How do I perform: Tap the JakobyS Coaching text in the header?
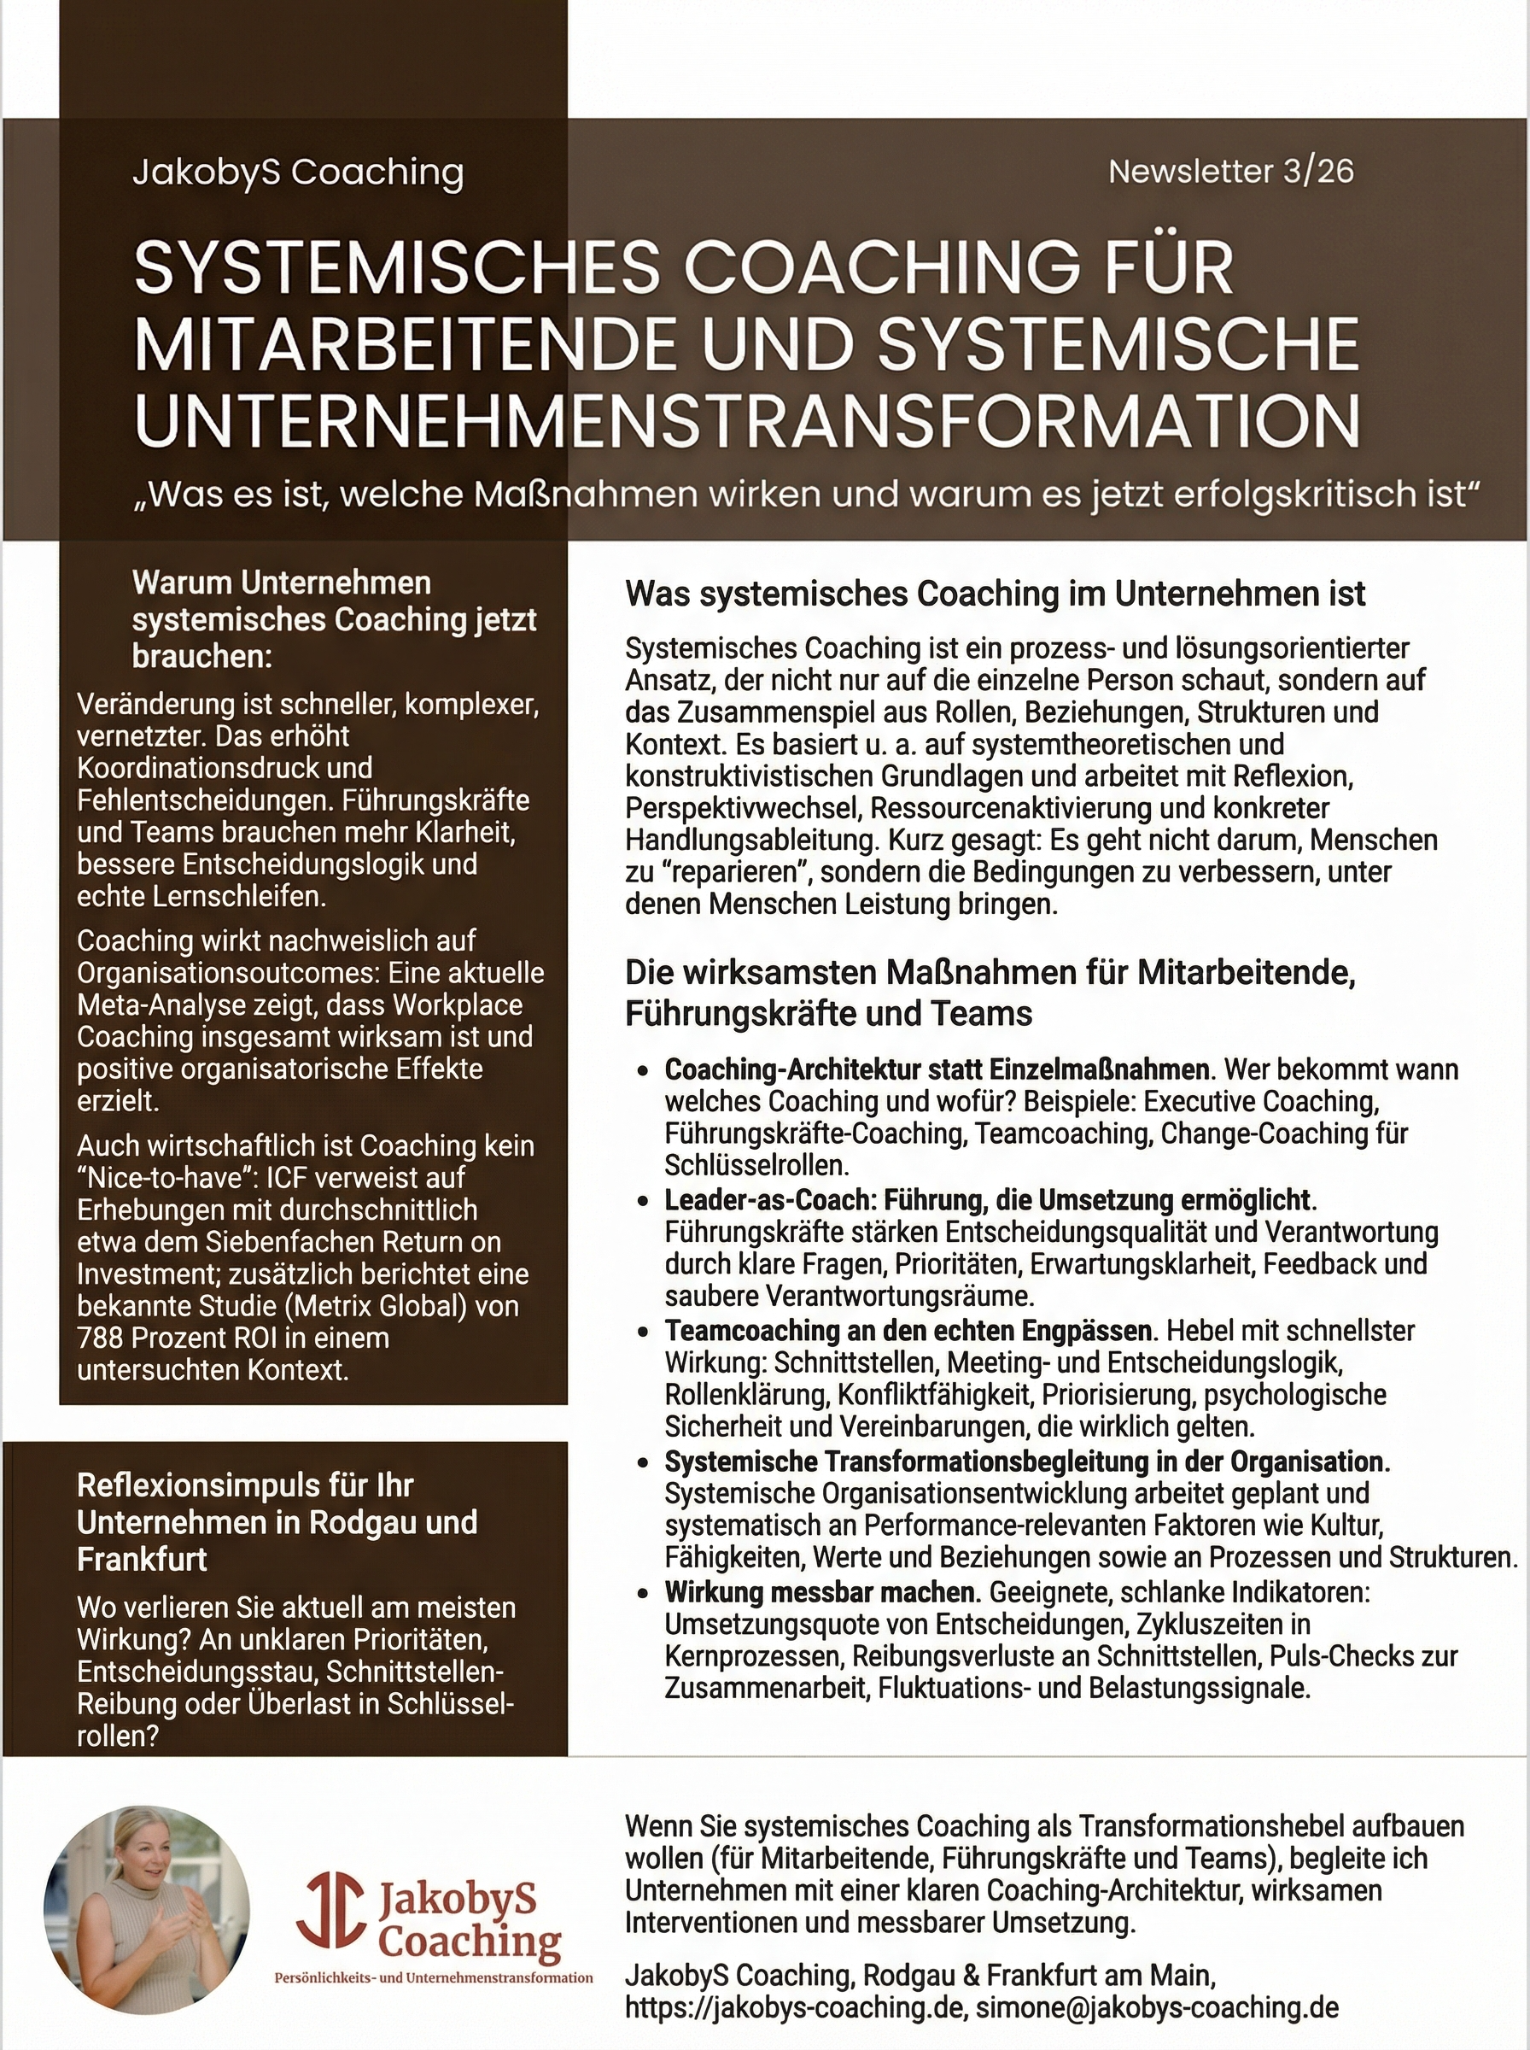[x=297, y=173]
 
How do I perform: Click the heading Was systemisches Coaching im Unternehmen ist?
[x=995, y=594]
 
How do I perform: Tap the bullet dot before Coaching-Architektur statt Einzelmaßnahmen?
[x=642, y=1072]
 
